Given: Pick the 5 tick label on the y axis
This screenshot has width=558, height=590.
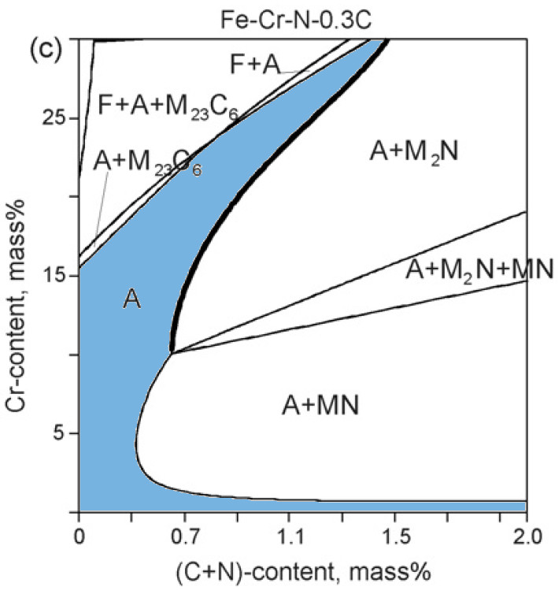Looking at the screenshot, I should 62,433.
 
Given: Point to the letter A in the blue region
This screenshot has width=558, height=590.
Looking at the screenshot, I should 132,299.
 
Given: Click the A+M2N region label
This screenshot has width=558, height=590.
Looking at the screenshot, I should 413,152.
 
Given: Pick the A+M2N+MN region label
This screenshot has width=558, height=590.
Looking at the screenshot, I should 479,269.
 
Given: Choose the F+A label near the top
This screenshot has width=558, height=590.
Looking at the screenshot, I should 255,65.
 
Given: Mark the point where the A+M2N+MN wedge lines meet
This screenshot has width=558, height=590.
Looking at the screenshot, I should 172,352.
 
